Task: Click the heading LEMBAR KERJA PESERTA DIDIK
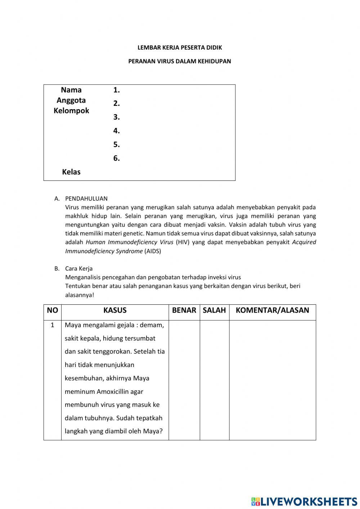pyautogui.click(x=180, y=48)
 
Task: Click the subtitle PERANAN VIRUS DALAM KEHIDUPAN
pyautogui.click(x=180, y=61)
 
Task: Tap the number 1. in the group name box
pyautogui.click(x=116, y=90)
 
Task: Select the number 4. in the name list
pyautogui.click(x=116, y=131)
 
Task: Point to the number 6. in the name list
pyautogui.click(x=116, y=158)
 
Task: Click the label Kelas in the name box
pyautogui.click(x=71, y=172)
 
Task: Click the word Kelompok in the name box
pyautogui.click(x=71, y=111)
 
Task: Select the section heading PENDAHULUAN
pyautogui.click(x=86, y=198)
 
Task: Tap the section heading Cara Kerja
pyautogui.click(x=79, y=268)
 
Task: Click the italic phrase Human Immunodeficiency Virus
pyautogui.click(x=129, y=242)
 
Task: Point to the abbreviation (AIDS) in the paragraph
pyautogui.click(x=153, y=251)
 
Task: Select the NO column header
pyautogui.click(x=52, y=310)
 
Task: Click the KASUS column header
pyautogui.click(x=115, y=310)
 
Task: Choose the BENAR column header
pyautogui.click(x=184, y=310)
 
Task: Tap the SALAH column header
pyautogui.click(x=214, y=310)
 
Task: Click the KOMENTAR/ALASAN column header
pyautogui.click(x=272, y=310)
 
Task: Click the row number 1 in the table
pyautogui.click(x=52, y=325)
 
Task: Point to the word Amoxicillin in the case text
pyautogui.click(x=120, y=392)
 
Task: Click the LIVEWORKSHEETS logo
pyautogui.click(x=304, y=501)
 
